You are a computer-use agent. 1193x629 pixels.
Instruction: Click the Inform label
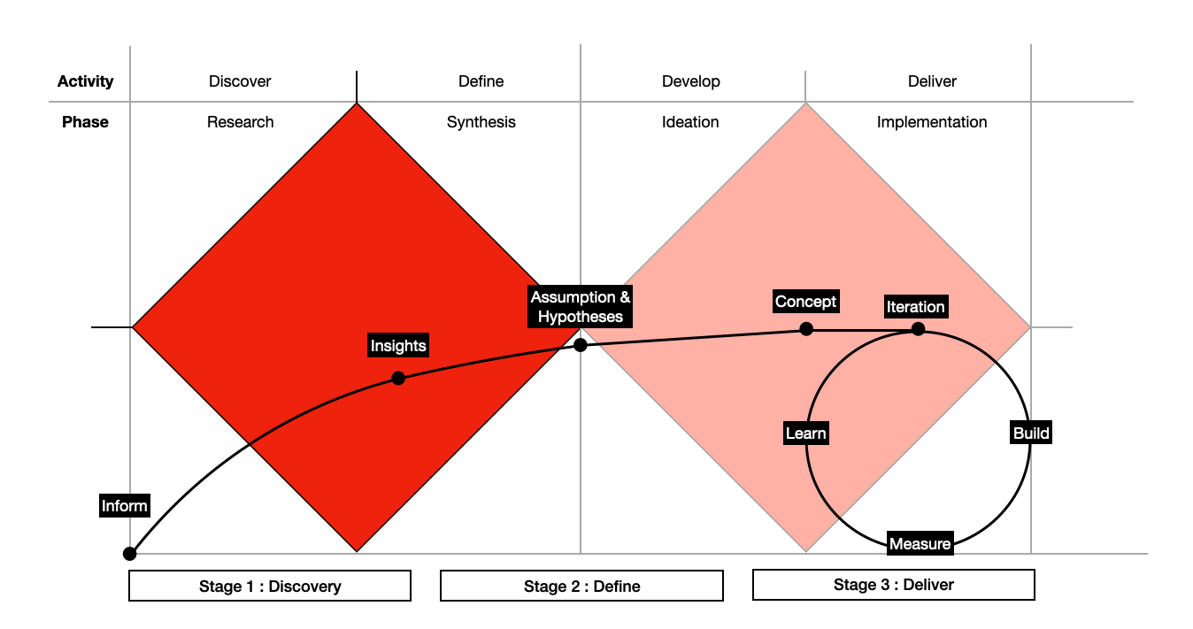pos(125,506)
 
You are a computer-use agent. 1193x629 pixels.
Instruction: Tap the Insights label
pos(398,346)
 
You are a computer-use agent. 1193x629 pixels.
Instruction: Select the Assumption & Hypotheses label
pos(581,307)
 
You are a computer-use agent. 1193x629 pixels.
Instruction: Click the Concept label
pos(805,302)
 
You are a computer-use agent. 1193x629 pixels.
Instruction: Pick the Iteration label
pos(916,307)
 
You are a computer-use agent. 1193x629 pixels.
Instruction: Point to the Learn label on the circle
pos(805,433)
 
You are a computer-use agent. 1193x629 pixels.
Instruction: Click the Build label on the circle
pos(1031,433)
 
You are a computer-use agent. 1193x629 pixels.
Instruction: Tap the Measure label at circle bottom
pos(920,544)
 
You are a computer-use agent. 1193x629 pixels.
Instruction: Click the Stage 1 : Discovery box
pos(270,586)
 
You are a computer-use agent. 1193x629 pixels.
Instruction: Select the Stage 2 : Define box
pos(581,586)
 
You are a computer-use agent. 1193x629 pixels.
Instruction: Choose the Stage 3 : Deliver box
pos(893,585)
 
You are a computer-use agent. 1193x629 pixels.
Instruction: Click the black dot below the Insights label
pos(398,379)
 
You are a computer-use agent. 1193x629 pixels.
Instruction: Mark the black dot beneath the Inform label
pos(130,554)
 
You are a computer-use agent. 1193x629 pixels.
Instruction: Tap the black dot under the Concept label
pos(806,329)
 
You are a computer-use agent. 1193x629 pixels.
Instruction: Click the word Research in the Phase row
pos(240,122)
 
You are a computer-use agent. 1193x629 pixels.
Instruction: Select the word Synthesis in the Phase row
pos(481,122)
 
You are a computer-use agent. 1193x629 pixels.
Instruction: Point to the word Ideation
pos(690,122)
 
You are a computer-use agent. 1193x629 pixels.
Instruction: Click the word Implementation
pos(931,122)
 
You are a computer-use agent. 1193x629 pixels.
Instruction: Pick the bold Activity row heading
pos(86,81)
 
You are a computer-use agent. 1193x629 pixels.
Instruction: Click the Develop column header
pos(690,81)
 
